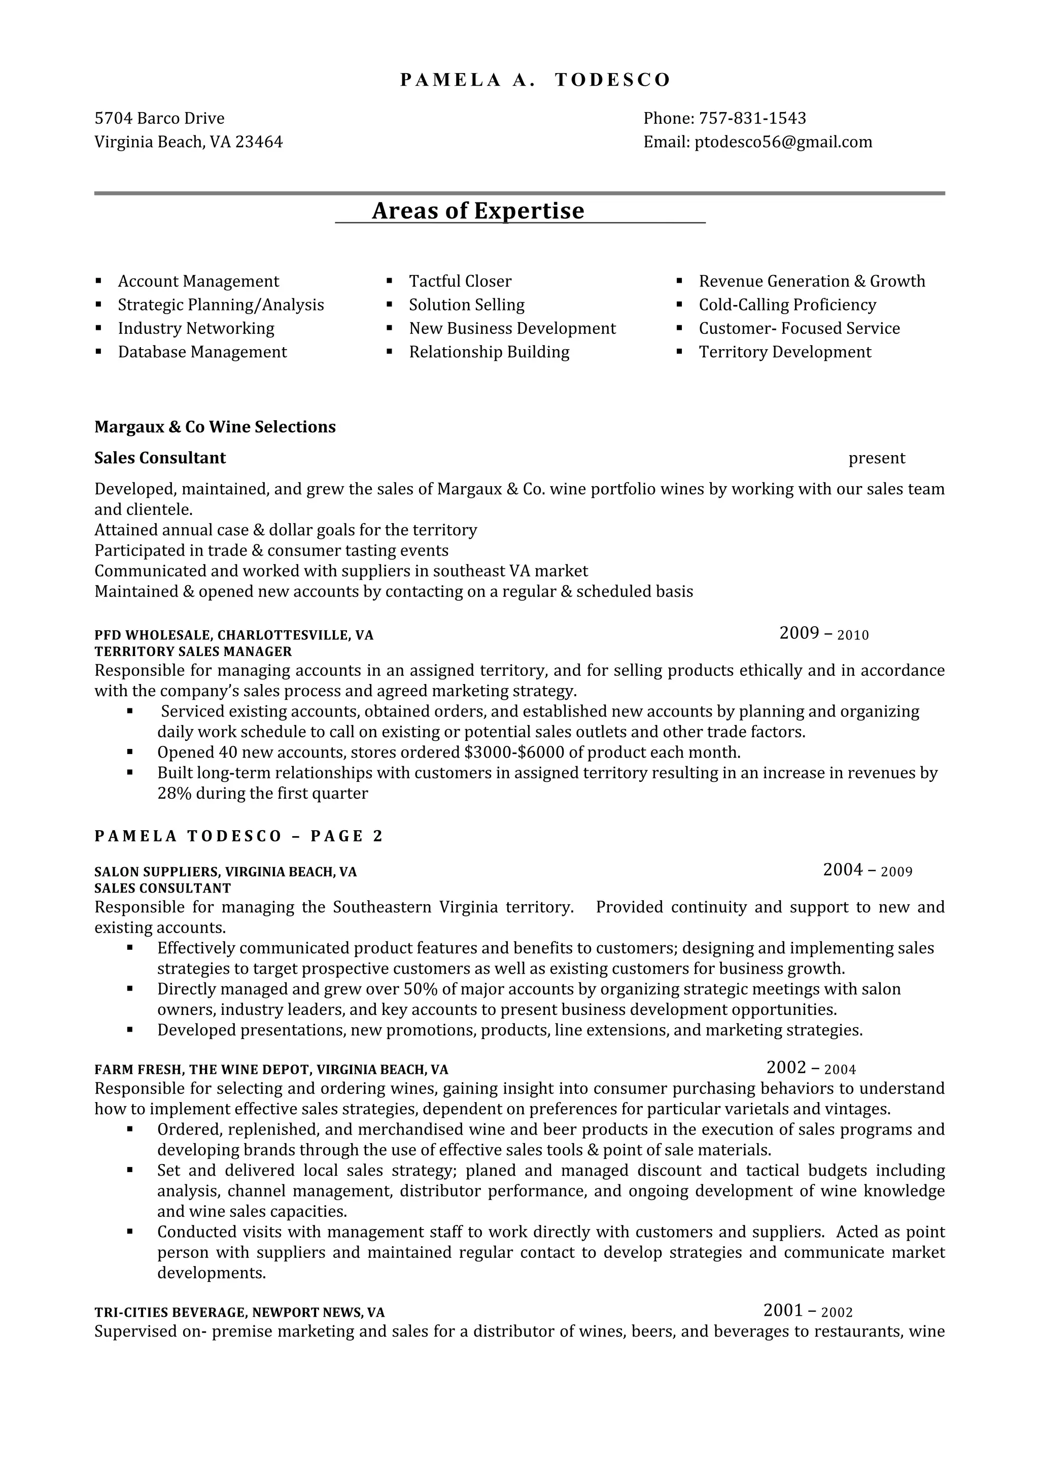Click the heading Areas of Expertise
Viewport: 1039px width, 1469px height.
pyautogui.click(x=478, y=211)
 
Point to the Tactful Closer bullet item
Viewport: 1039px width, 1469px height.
pyautogui.click(x=460, y=282)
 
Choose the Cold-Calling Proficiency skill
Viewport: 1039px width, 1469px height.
pyautogui.click(x=787, y=305)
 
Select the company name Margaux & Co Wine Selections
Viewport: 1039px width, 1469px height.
pyautogui.click(x=215, y=427)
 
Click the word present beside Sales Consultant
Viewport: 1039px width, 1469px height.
pyautogui.click(x=877, y=458)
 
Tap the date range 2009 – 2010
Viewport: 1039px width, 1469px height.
pyautogui.click(x=824, y=633)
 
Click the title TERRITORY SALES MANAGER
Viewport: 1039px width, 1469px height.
pyautogui.click(x=193, y=652)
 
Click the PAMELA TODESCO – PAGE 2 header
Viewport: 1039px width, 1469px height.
pyautogui.click(x=238, y=836)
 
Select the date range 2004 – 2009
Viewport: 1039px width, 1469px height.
pyautogui.click(x=868, y=870)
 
